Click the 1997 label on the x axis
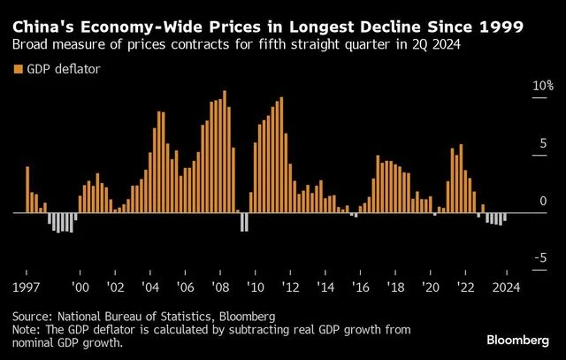click(26, 287)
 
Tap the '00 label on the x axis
click(80, 287)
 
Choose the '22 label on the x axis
click(464, 287)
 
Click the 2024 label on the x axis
click(505, 287)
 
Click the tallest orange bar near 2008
click(225, 151)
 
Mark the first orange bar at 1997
click(27, 189)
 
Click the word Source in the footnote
click(32, 316)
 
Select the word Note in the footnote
click(27, 330)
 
